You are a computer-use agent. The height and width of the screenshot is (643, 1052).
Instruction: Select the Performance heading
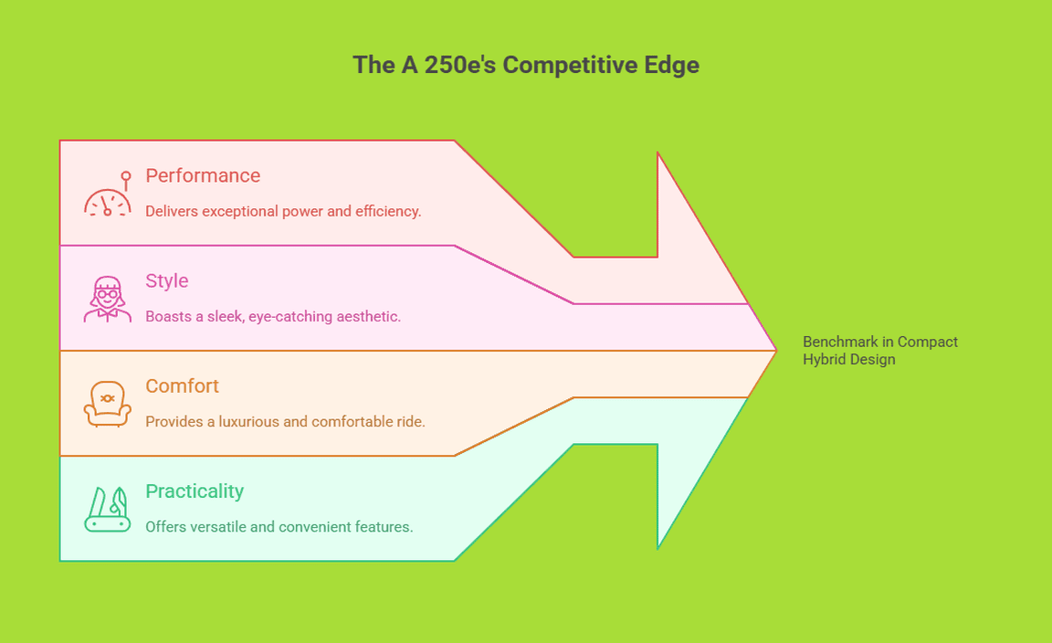pos(203,175)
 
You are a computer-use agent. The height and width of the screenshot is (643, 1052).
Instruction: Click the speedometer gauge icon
pos(108,195)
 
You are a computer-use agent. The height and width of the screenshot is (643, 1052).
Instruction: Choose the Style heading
pos(167,280)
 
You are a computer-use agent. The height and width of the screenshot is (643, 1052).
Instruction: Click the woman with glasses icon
pos(108,300)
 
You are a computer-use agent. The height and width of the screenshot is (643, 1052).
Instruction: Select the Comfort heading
pos(183,385)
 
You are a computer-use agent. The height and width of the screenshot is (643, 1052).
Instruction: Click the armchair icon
pos(108,404)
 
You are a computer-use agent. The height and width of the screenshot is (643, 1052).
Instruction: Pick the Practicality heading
pos(195,490)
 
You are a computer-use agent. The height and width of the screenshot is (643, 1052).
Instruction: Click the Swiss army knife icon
pos(108,510)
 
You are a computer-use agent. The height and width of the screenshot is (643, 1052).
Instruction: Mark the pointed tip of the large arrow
pos(774,350)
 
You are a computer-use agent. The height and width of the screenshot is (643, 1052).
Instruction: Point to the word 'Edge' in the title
pos(676,65)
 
